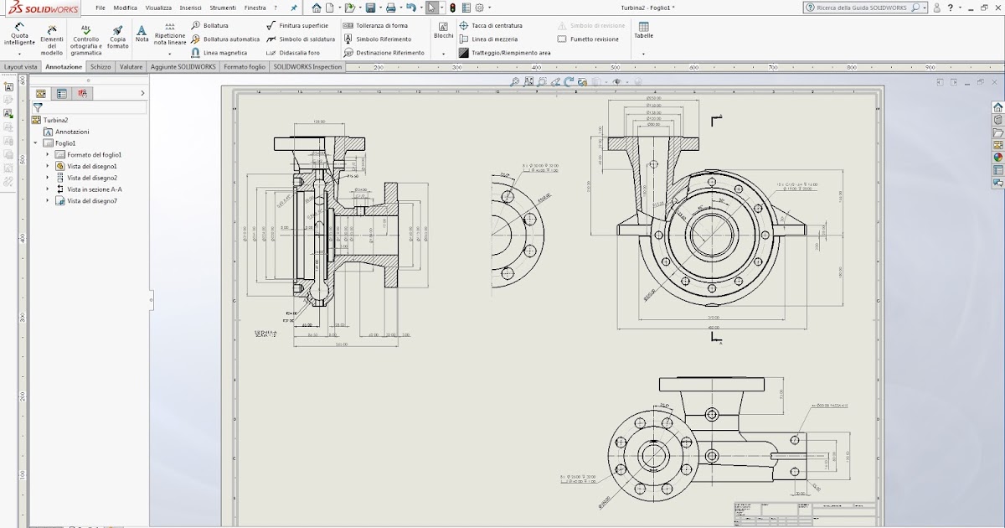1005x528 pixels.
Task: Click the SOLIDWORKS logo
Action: [42, 8]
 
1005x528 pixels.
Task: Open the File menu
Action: [100, 8]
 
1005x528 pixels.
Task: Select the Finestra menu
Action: [255, 8]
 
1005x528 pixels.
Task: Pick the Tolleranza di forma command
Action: [381, 26]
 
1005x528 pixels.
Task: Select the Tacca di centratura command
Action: [496, 26]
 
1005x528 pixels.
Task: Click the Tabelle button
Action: [643, 31]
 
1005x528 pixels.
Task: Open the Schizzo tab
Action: [100, 67]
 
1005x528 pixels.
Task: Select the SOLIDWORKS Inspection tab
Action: [307, 67]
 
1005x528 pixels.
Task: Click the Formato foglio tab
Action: [245, 67]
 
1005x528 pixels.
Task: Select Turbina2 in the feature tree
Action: [55, 120]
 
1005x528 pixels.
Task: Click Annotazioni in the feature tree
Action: [72, 132]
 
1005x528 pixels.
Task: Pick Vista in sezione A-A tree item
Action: [94, 189]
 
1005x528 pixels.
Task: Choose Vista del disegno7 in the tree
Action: [91, 201]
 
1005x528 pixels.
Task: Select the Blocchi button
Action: [443, 31]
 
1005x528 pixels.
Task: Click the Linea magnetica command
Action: [224, 53]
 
